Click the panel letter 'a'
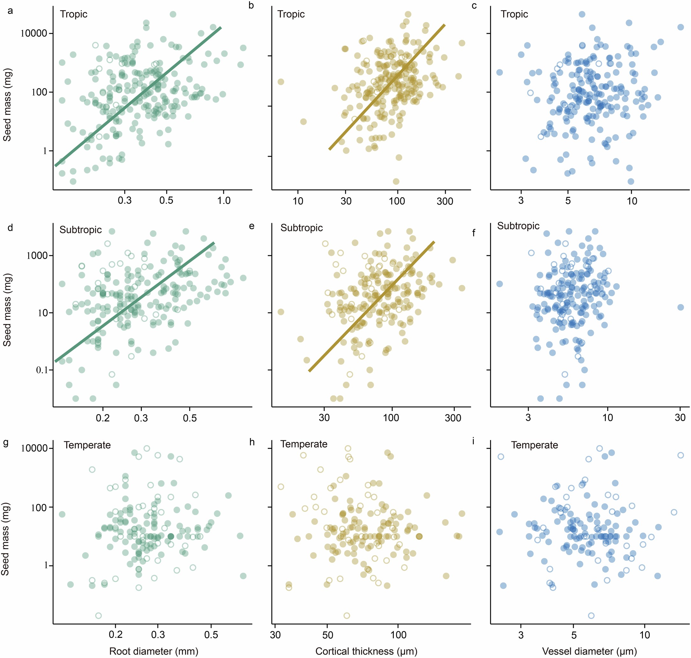pos(10,11)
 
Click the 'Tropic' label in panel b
pos(290,14)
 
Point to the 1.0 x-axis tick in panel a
pos(224,201)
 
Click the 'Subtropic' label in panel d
pos(80,230)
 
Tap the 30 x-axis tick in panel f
pos(680,417)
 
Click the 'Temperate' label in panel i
pos(534,445)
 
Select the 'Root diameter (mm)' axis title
pos(153,651)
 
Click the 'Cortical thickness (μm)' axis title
pos(366,651)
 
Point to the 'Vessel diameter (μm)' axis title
pos(589,651)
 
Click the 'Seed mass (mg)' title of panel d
pos(7,310)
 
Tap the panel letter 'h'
pos(252,442)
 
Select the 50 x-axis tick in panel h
pos(327,635)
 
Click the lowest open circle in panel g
pos(99,616)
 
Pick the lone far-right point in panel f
pos(680,307)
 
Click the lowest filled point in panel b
pos(396,181)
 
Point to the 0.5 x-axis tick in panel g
pos(211,635)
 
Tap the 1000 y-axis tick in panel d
pos(37,256)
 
